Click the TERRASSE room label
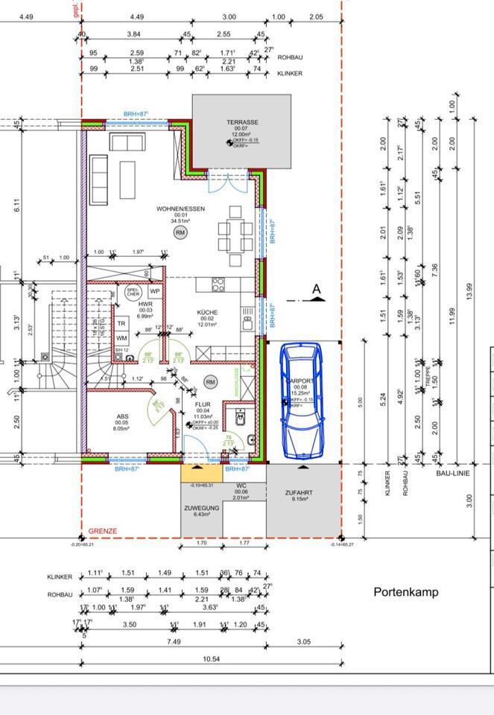point(243,122)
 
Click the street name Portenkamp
point(405,592)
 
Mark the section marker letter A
point(316,289)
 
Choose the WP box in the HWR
point(155,291)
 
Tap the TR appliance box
point(121,324)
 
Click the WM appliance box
point(121,339)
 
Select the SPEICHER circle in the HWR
point(133,293)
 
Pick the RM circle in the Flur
point(210,382)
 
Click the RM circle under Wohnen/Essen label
point(180,233)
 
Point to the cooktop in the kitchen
point(219,284)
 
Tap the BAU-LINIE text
point(453,474)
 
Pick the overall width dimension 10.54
point(212,659)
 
